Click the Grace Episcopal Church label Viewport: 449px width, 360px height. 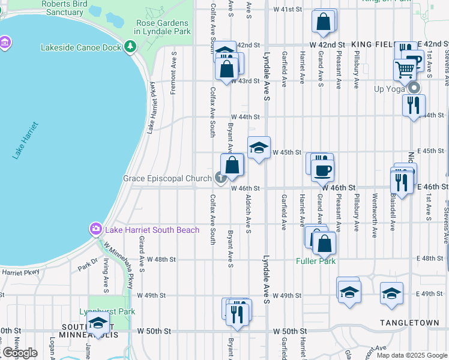pos(167,178)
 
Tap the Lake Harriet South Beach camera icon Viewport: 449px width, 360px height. pos(95,229)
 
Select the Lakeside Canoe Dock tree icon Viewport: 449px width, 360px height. pos(131,47)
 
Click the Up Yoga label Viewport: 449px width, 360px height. pos(390,89)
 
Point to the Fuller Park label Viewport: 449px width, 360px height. pos(316,261)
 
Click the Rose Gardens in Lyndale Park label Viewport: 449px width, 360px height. pos(163,26)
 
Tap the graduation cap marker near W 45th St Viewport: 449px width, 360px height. pos(259,148)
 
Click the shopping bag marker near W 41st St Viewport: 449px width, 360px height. pos(323,22)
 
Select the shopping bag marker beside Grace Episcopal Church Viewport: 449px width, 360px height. pos(232,166)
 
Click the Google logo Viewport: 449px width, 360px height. pos(20,353)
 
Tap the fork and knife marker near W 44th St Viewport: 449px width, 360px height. pos(413,105)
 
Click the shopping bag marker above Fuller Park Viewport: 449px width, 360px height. pos(324,243)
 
